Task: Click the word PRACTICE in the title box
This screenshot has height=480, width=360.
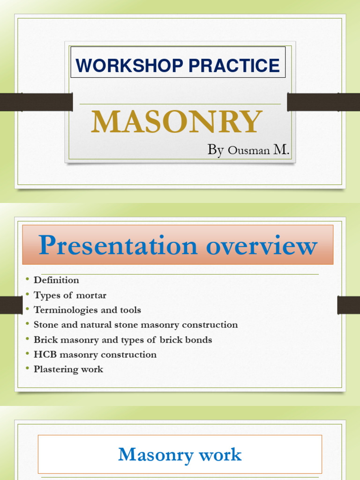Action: pos(234,65)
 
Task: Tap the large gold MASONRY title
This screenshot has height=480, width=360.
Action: pos(176,122)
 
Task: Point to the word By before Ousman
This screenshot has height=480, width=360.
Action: pos(215,150)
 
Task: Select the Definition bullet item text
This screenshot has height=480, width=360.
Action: pos(56,280)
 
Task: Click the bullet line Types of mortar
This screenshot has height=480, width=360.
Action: pos(70,295)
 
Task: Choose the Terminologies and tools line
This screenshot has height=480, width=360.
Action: pos(87,310)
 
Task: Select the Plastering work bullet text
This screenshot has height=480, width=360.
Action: pos(68,369)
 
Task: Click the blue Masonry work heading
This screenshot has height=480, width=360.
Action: pos(180,454)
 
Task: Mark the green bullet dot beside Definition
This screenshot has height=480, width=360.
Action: pos(28,280)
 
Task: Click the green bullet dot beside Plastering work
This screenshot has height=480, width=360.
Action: pos(28,369)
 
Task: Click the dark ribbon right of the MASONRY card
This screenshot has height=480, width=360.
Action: pos(323,102)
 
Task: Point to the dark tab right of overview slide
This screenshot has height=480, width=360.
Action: pos(348,305)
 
